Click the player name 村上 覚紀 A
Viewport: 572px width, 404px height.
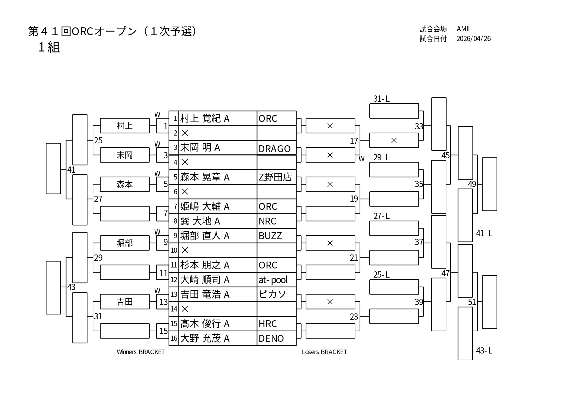point(205,119)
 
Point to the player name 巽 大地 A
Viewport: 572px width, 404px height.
point(200,221)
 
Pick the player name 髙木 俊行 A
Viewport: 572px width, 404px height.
point(205,324)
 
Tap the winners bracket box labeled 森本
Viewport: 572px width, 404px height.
point(125,184)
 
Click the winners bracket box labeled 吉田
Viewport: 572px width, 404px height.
point(125,302)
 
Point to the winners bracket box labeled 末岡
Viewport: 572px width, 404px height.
point(125,155)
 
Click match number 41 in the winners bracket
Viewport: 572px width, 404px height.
point(71,170)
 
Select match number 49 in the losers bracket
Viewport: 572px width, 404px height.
point(472,184)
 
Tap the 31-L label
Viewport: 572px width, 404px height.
point(381,99)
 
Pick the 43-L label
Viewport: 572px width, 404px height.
point(484,351)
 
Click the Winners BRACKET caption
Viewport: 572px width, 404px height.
point(141,352)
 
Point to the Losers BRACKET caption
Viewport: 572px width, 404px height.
point(324,352)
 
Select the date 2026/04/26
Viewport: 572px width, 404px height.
point(473,38)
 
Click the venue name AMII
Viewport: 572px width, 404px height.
point(463,29)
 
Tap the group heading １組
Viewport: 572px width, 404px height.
point(49,48)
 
